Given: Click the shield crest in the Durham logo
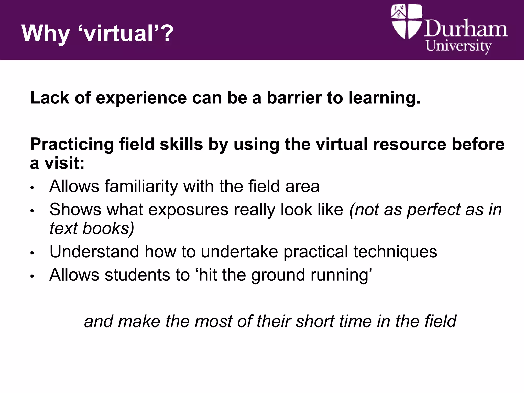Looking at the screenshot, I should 407,21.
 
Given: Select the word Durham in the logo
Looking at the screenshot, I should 466,29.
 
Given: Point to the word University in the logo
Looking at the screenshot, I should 458,46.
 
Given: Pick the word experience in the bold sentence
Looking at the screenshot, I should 141,98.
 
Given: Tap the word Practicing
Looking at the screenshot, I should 72,145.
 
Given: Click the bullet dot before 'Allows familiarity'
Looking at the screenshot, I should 32,188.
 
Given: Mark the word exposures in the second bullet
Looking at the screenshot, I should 188,210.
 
